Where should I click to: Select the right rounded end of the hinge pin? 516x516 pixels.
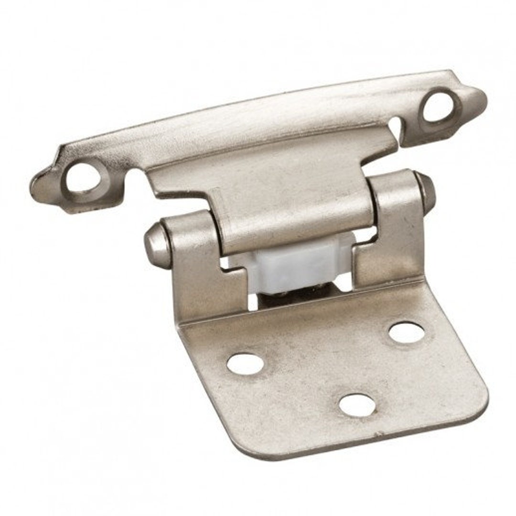[x=426, y=191]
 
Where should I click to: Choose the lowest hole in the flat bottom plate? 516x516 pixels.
[x=357, y=405]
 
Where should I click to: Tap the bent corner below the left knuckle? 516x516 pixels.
[x=184, y=325]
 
